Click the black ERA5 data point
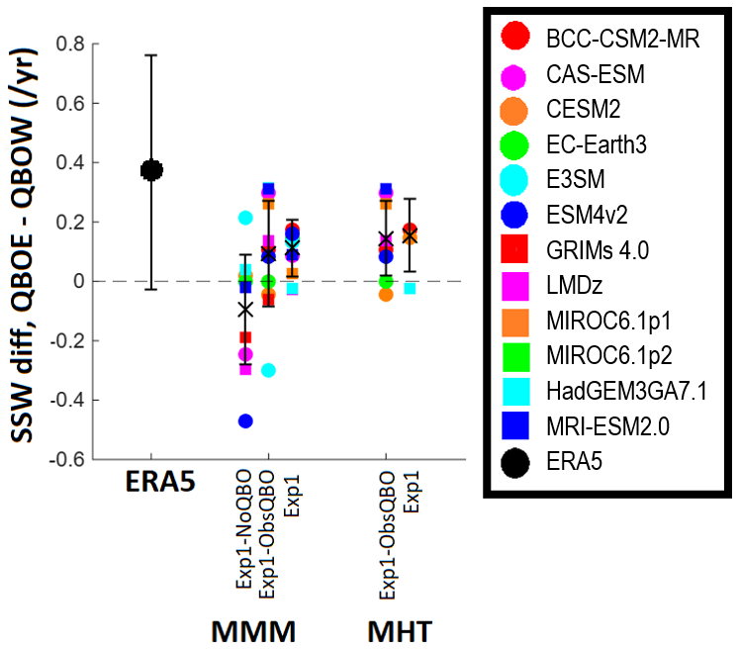[151, 170]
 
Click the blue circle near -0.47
[245, 420]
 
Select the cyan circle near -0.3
[268, 370]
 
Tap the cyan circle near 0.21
[245, 218]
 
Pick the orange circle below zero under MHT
[386, 295]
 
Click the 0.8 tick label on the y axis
[70, 44]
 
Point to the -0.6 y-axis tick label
[67, 460]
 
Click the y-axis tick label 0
[79, 281]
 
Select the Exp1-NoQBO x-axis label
[245, 529]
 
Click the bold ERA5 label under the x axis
[160, 482]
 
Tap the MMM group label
[253, 631]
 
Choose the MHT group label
[400, 631]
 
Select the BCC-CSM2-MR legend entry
[622, 39]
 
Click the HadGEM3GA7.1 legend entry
[627, 391]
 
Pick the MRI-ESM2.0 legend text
[608, 426]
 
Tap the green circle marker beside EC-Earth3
[514, 144]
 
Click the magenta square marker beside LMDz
[515, 286]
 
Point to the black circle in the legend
[514, 461]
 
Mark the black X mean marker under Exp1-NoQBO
[245, 310]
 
